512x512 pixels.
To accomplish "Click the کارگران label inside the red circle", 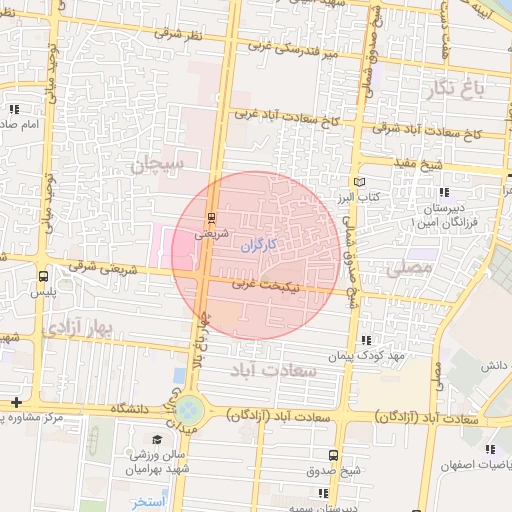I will pos(258,243).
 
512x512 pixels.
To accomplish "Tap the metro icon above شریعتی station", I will pos(211,217).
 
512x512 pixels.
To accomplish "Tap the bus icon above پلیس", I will pos(44,276).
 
